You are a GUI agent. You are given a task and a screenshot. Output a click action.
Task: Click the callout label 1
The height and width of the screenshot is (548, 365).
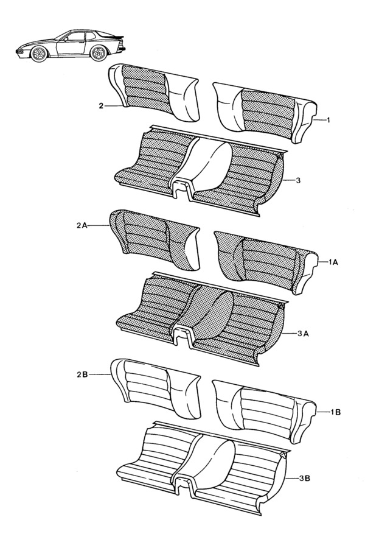pyautogui.click(x=328, y=121)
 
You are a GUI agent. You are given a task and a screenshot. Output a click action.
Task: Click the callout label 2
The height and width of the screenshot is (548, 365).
pyautogui.click(x=101, y=106)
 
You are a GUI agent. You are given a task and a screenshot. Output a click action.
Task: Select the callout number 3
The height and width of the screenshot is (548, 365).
pyautogui.click(x=299, y=181)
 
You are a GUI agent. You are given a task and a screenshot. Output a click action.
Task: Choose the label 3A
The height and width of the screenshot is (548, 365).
pyautogui.click(x=305, y=334)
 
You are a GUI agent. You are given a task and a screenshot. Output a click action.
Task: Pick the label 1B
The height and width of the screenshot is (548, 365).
pyautogui.click(x=335, y=412)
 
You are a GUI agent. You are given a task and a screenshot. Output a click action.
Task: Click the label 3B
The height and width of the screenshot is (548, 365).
pyautogui.click(x=306, y=480)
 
